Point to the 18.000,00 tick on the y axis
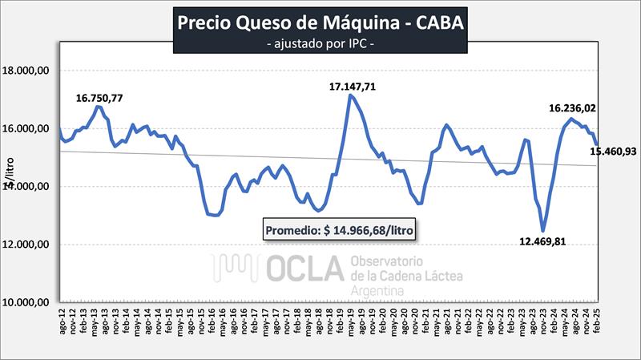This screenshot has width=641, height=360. (29, 71)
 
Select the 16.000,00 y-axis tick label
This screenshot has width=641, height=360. (29, 128)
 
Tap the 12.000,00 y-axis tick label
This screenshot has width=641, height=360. (29, 245)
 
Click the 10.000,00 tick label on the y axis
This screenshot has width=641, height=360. (29, 302)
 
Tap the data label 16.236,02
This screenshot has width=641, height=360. (572, 107)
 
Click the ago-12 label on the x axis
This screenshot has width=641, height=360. (61, 331)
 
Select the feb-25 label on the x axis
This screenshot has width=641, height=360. (596, 331)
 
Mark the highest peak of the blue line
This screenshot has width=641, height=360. (350, 95)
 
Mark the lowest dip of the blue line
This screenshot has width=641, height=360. (543, 231)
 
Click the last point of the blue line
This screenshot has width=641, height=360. (597, 144)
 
